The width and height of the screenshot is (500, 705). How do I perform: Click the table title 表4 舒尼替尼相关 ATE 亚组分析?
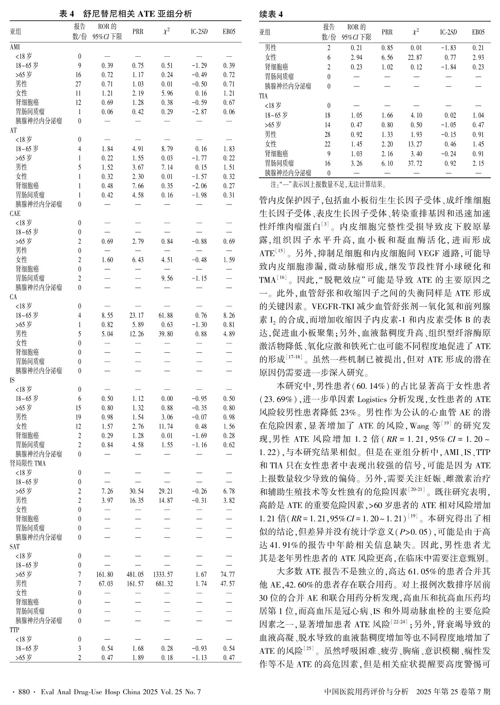(125, 14)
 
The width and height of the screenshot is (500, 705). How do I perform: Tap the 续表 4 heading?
(271, 14)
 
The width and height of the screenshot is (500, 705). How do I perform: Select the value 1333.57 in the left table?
(166, 575)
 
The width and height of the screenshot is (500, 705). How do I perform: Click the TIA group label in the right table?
(264, 96)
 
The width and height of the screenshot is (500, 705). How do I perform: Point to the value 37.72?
(415, 164)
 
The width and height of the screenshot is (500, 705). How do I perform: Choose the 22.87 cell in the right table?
(415, 57)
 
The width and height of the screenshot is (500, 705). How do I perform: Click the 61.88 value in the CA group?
(166, 315)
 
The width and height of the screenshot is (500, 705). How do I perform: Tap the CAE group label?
(15, 214)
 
